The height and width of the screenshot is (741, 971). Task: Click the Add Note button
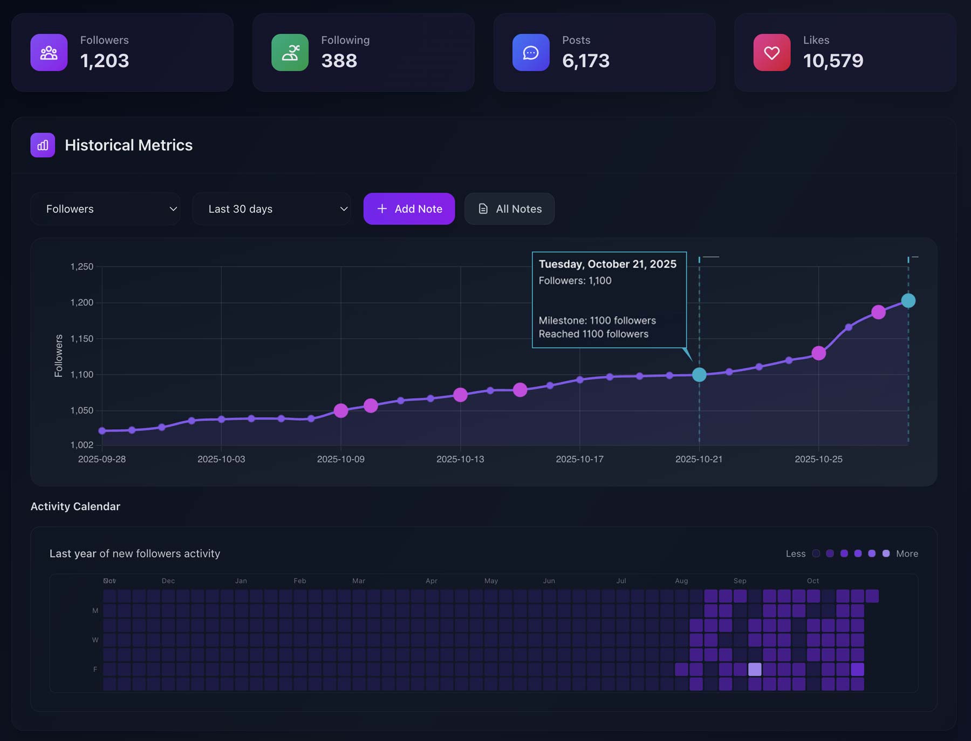tap(409, 209)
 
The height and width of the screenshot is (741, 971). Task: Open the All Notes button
tap(509, 209)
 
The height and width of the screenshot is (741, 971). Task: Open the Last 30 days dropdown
tap(272, 209)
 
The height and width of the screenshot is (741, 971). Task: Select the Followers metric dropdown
tap(106, 209)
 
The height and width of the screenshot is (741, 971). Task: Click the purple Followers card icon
tap(49, 52)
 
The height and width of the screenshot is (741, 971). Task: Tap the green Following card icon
tap(290, 52)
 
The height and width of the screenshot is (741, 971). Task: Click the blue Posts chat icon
tap(531, 52)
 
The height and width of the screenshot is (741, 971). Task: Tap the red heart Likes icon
tap(772, 52)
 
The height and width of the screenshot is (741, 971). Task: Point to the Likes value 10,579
tap(833, 61)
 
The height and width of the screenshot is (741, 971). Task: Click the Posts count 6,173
tap(586, 61)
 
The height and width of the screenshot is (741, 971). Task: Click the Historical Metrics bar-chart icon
tap(43, 145)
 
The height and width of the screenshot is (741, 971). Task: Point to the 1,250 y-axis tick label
tap(82, 266)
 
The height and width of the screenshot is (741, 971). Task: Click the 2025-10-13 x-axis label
tap(460, 459)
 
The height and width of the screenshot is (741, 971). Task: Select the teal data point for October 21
tap(699, 375)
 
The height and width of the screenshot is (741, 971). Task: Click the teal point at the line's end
tap(908, 301)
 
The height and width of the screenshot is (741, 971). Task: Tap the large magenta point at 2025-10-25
tap(819, 353)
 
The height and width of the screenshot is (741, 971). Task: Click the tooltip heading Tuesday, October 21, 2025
tap(607, 264)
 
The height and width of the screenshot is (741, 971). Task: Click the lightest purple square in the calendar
tap(755, 669)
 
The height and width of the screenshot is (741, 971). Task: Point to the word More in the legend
tap(907, 554)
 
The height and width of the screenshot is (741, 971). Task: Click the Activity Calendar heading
tap(76, 506)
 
